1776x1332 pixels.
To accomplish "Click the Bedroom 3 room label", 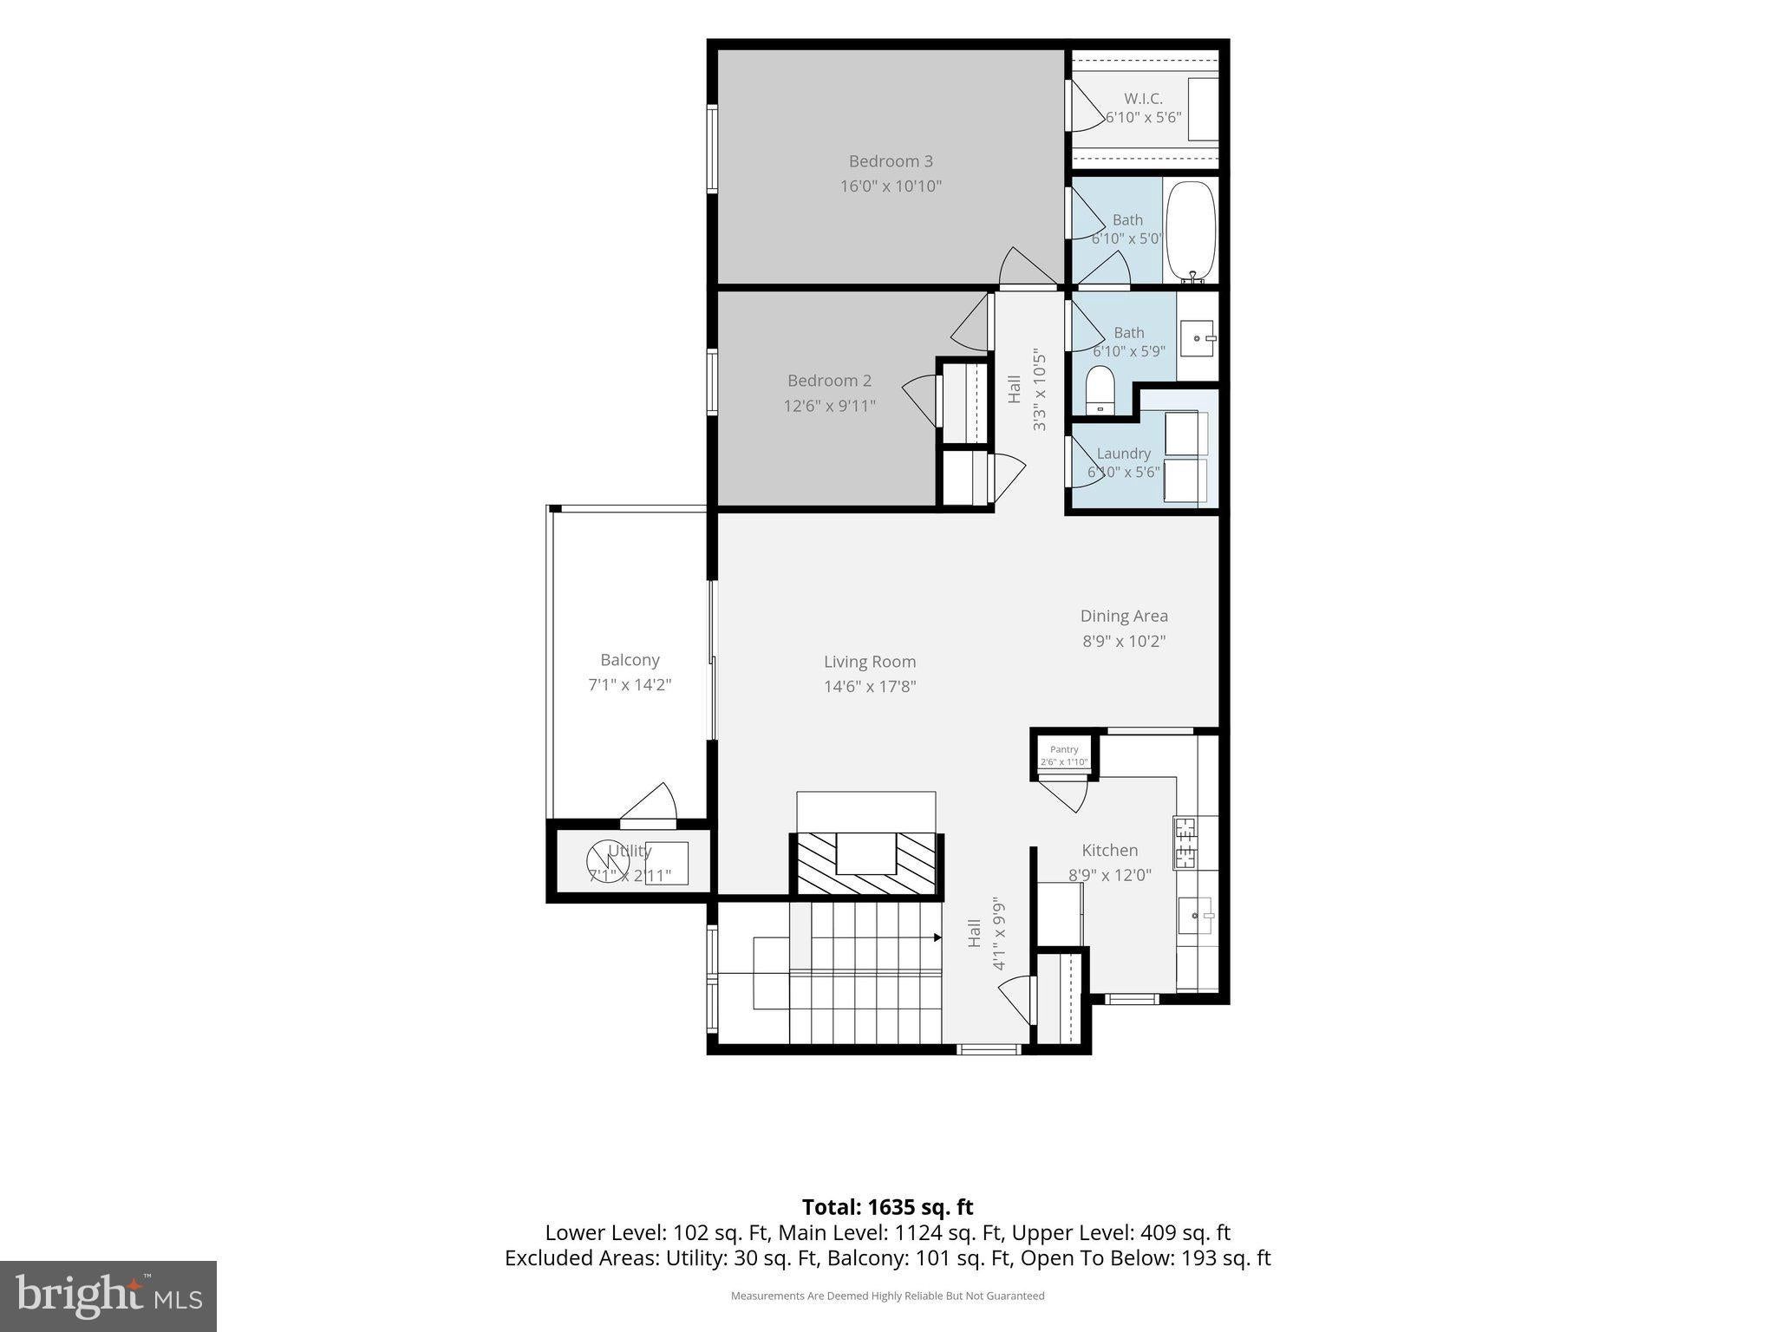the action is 891,161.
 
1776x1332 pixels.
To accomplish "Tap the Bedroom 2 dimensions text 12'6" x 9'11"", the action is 830,406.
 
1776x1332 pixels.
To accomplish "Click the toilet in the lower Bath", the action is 1100,389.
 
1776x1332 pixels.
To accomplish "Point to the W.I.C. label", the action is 1143,99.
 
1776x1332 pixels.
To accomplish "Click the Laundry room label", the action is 1124,454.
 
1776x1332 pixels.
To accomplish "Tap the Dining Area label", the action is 1124,616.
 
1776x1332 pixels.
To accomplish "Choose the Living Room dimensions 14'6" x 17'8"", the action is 870,687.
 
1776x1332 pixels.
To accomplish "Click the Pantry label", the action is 1064,749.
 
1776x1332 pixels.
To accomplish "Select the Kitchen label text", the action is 1110,851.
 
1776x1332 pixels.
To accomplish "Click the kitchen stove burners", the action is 1185,842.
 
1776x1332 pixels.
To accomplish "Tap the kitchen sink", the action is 1197,916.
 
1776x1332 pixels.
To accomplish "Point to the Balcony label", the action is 630,660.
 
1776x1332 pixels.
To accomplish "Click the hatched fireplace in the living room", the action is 866,864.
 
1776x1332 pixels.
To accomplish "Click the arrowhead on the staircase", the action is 937,937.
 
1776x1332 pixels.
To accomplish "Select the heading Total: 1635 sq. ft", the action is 887,1207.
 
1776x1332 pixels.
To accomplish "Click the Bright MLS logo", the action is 108,1296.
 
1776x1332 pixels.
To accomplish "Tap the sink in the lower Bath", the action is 1199,337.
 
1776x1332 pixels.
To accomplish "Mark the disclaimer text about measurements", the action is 887,1296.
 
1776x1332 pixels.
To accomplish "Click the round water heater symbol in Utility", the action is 608,862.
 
